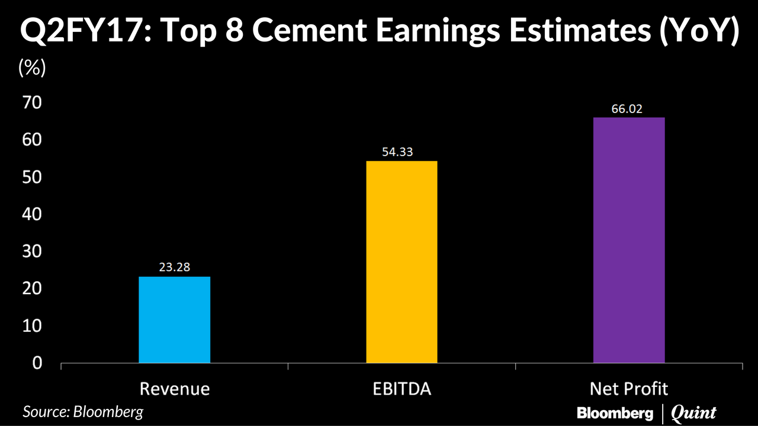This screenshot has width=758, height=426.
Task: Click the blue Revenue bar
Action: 174,319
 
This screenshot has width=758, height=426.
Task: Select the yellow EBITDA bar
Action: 402,262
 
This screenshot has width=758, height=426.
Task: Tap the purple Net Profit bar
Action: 629,240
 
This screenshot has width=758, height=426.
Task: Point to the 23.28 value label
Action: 174,267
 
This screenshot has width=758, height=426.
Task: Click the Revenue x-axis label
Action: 174,389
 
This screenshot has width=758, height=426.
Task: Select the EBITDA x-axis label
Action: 402,389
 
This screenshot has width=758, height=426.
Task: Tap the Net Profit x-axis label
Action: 629,389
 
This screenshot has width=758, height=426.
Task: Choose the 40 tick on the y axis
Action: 33,214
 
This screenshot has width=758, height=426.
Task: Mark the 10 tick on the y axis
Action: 33,325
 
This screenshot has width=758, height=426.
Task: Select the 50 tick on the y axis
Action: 33,177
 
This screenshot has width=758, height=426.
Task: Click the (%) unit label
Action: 32,68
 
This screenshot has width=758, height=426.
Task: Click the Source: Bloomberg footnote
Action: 83,412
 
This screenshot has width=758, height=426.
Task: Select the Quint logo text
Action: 693,413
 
